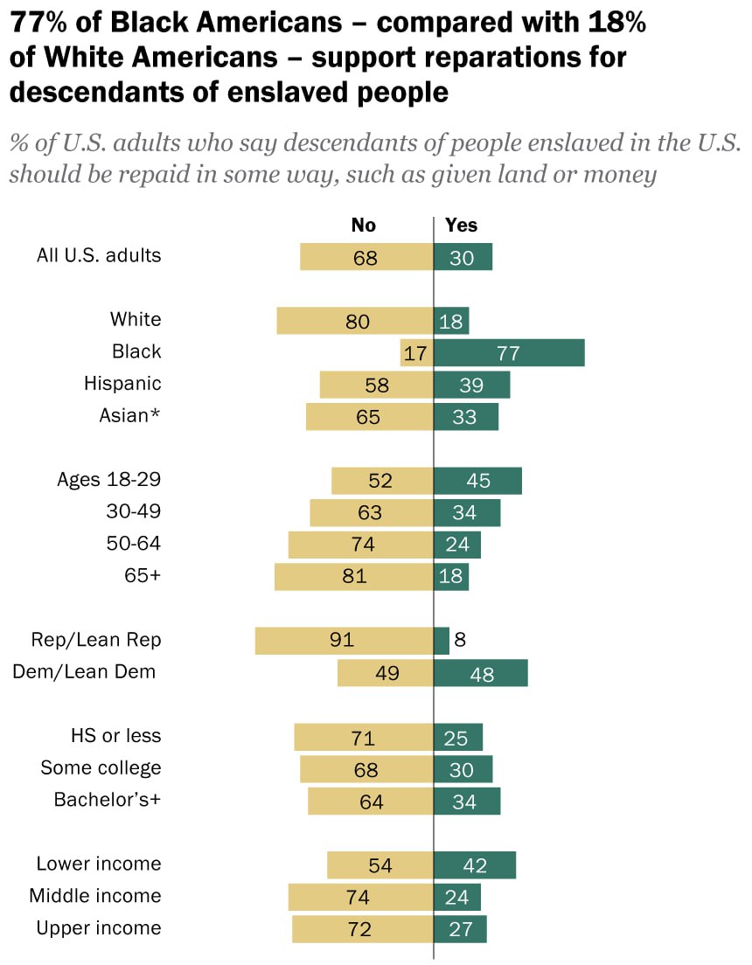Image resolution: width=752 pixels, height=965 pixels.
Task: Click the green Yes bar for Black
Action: [509, 353]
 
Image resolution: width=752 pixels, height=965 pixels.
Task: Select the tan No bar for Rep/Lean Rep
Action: [344, 641]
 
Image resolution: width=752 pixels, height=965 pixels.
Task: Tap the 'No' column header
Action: [363, 226]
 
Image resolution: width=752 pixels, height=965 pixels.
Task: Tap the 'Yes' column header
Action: [461, 226]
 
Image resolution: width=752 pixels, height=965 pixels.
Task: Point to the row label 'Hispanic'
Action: [122, 384]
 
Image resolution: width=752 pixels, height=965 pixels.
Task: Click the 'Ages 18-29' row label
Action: [108, 479]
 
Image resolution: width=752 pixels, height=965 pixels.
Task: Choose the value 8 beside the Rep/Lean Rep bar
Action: [460, 640]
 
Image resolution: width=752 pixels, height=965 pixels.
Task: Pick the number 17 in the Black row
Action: [415, 354]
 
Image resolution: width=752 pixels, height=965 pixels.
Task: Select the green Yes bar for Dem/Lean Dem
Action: [481, 673]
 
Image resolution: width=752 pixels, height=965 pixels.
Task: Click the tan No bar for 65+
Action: [353, 577]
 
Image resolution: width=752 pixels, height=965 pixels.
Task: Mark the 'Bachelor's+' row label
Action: [108, 800]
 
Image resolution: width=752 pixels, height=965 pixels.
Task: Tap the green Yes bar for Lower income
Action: [475, 865]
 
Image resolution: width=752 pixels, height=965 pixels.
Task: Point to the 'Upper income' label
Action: [99, 928]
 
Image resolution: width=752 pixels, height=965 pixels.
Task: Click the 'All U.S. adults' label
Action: [99, 256]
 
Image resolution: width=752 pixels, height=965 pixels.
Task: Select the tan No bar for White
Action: [355, 321]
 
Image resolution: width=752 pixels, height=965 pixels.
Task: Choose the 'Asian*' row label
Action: [130, 416]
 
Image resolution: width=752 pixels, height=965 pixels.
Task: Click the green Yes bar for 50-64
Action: [457, 545]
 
